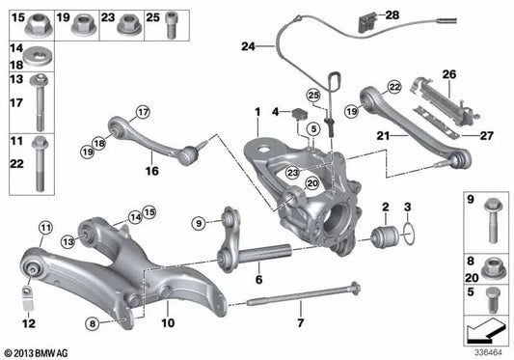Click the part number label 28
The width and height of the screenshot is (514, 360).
392,14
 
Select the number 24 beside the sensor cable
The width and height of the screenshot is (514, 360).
250,46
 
